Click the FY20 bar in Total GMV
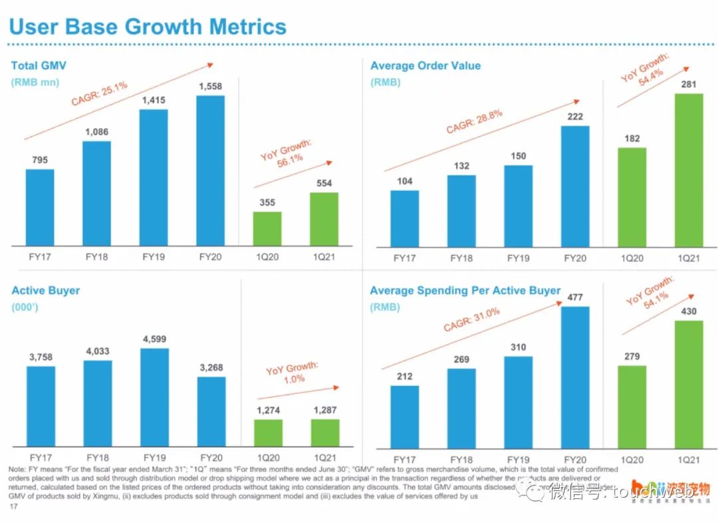[210, 170]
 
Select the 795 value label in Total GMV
[40, 160]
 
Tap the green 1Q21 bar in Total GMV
[324, 219]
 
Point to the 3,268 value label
[211, 367]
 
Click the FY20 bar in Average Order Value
[575, 186]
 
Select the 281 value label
[689, 84]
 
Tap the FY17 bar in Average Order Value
[404, 218]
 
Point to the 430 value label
[689, 311]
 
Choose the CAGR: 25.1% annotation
[99, 92]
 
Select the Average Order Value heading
[425, 66]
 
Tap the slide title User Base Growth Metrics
[147, 27]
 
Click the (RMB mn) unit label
[35, 83]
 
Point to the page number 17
[13, 507]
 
